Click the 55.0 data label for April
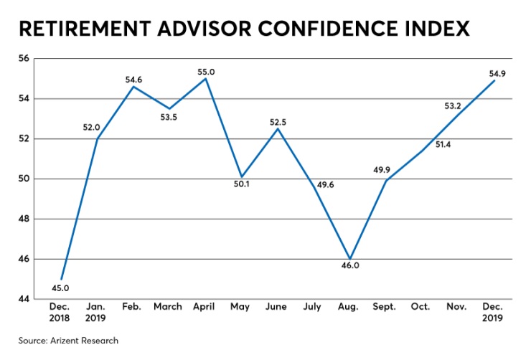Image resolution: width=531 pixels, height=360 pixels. pyautogui.click(x=205, y=72)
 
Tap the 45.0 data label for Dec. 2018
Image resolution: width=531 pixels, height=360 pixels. pyautogui.click(x=61, y=288)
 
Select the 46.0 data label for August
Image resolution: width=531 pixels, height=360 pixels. pyautogui.click(x=349, y=267)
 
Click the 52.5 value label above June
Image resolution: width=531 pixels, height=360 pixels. pyautogui.click(x=278, y=122)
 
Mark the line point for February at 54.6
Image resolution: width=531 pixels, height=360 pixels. pyautogui.click(x=133, y=86)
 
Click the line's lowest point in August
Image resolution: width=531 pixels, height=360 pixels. pyautogui.click(x=350, y=258)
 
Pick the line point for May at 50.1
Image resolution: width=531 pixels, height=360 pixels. pyautogui.click(x=242, y=176)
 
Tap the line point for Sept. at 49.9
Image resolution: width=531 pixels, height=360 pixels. pyautogui.click(x=386, y=180)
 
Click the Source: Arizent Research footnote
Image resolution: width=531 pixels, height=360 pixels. pyautogui.click(x=69, y=340)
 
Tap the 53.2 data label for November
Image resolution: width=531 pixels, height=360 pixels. pyautogui.click(x=453, y=106)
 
